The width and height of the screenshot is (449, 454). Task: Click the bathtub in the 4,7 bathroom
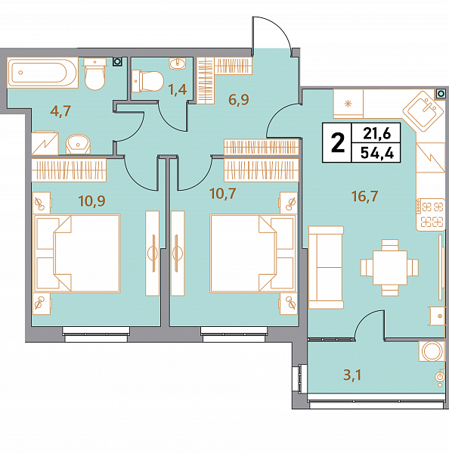[x=42, y=73]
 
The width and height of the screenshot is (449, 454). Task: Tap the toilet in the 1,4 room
[x=147, y=81]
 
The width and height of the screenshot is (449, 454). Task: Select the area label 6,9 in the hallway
[x=239, y=100]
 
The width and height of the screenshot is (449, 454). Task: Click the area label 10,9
[x=91, y=201]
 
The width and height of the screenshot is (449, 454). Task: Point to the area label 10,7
[x=223, y=194]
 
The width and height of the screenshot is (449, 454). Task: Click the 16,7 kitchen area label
[x=365, y=196]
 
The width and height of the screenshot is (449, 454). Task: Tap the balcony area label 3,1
[x=352, y=375]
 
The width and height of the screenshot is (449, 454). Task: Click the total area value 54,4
[x=377, y=153]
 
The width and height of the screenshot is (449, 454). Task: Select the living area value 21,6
[x=377, y=133]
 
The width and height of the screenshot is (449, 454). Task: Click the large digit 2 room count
[x=338, y=142]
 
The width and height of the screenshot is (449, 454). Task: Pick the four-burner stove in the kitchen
[x=431, y=215]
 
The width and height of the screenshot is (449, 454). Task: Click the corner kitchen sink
[x=423, y=111]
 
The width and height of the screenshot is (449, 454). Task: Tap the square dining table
[x=390, y=268]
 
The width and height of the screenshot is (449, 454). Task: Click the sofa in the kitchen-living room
[x=326, y=267]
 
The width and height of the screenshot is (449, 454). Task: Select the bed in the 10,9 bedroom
[x=77, y=253]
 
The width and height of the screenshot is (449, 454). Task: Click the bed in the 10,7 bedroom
[x=253, y=253]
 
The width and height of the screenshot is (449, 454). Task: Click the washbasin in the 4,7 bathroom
[x=78, y=144]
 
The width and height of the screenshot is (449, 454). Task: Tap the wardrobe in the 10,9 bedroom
[x=69, y=170]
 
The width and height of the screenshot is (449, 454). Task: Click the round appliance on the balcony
[x=432, y=351]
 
